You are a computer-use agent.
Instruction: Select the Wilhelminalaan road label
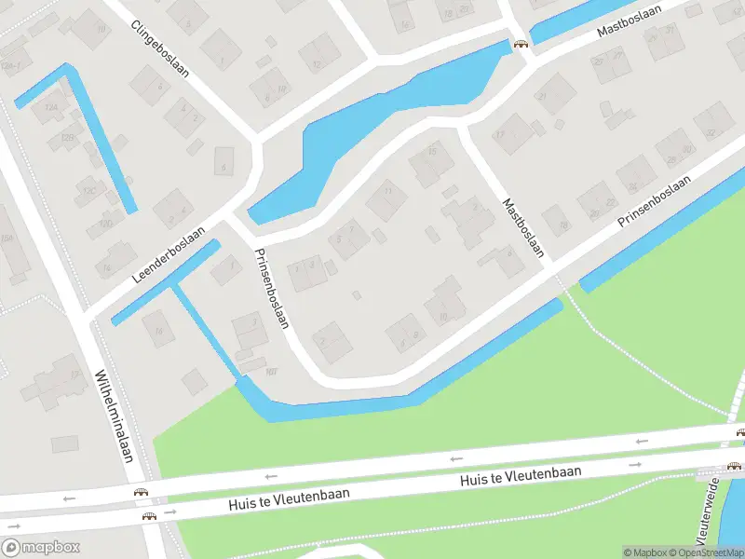click(115, 416)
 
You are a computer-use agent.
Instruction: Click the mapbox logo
click(41, 547)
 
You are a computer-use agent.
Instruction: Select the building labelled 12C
click(89, 190)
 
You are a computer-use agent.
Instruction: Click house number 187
click(271, 372)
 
